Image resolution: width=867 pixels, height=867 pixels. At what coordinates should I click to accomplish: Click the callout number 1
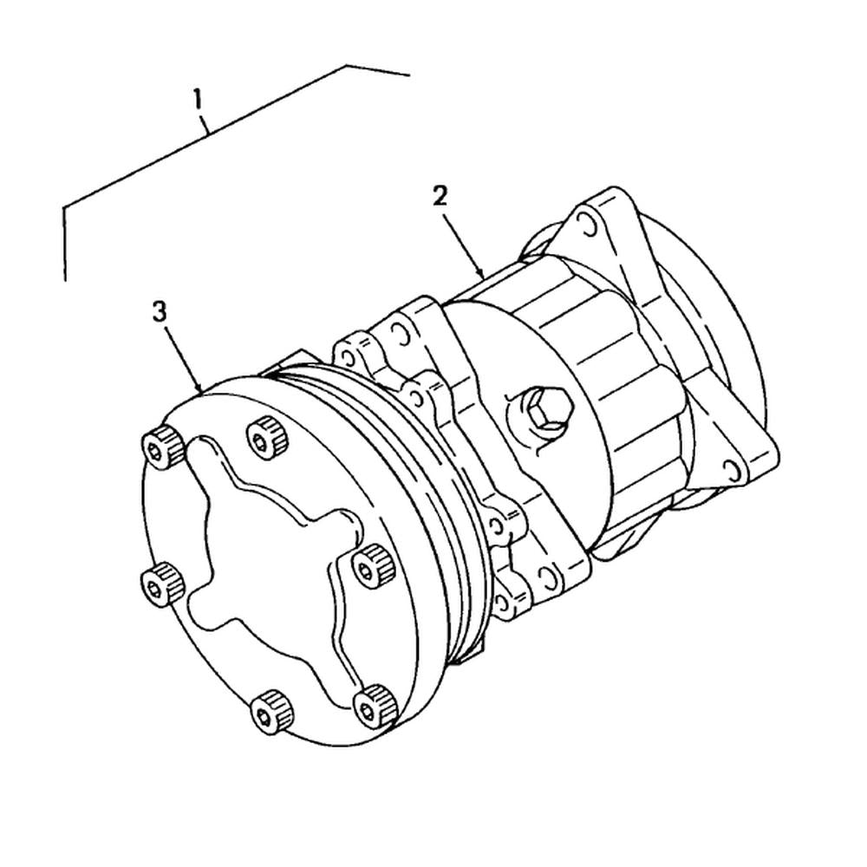click(x=199, y=99)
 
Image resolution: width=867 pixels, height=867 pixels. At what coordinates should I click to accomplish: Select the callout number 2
click(x=440, y=196)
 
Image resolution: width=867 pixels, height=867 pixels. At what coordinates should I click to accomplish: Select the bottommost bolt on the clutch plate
click(x=271, y=711)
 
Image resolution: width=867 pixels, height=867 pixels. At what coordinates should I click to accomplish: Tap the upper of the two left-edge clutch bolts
click(x=160, y=447)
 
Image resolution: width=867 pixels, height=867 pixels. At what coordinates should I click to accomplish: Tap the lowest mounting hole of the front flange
click(x=503, y=601)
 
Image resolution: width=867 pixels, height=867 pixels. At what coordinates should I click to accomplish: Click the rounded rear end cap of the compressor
click(x=737, y=364)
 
